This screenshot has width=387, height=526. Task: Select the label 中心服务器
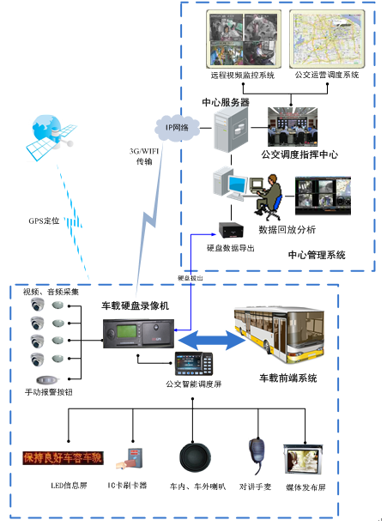tap(226, 102)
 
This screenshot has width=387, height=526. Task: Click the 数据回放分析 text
tap(287, 230)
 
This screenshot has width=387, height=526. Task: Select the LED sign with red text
tap(62, 457)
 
